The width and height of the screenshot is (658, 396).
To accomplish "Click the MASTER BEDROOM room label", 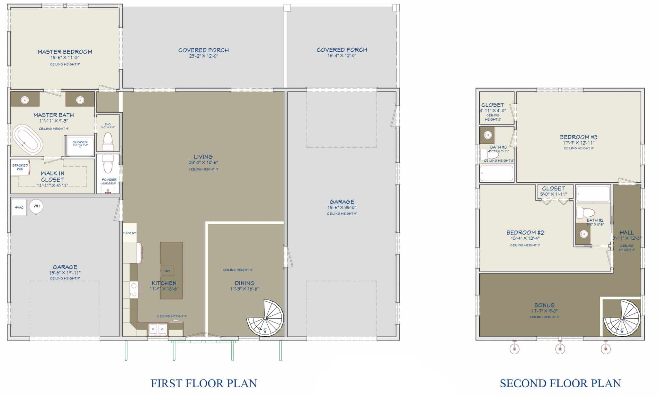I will point(65,52).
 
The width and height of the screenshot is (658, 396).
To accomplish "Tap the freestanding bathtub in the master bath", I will point(27,140).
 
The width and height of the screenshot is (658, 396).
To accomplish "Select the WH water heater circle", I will point(36,206).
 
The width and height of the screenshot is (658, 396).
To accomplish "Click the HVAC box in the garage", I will point(19,207).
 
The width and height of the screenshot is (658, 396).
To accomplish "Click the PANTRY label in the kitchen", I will point(129,233).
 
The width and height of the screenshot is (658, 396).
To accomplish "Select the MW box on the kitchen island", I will point(167,271).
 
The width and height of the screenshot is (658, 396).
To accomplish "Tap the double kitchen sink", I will point(157,329).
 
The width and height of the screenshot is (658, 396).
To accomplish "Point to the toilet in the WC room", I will point(108,141).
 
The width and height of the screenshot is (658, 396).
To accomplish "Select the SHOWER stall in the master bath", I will point(80,146).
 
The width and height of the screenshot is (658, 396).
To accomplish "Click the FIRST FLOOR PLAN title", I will point(204,383).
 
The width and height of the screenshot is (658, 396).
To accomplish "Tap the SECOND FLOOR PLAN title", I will point(560,383).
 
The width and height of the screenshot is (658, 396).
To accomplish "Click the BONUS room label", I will point(544,305).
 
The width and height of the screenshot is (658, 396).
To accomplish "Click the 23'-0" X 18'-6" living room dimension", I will point(203,163).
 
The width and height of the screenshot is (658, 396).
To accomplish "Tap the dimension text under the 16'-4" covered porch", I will point(342,56).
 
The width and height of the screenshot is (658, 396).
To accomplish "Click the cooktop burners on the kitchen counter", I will point(134,289).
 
